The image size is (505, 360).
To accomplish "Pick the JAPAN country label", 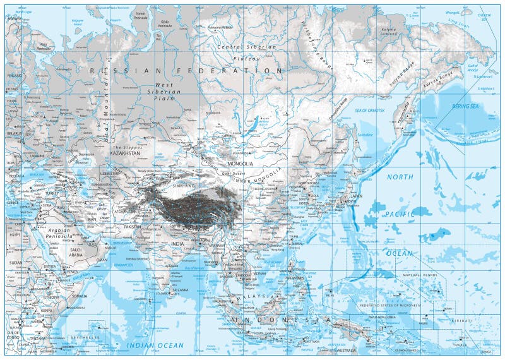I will [357, 195].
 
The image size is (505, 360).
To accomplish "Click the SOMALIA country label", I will [80, 296].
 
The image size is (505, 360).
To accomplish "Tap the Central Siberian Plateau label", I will [246, 52].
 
